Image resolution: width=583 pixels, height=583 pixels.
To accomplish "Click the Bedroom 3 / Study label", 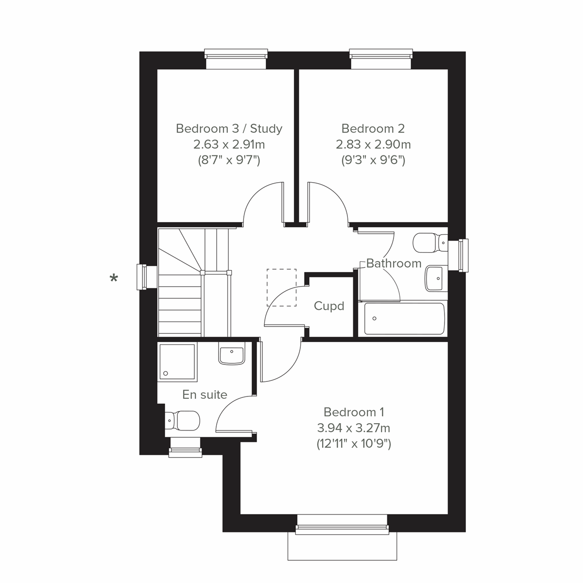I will pos(229,129).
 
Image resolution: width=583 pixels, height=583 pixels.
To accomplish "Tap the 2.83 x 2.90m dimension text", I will pos(373,144).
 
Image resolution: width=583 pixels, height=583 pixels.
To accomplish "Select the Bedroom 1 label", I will pos(354,412).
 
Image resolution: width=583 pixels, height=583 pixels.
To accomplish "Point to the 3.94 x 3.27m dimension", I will pos(354,428).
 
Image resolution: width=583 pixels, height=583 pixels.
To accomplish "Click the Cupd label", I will pos(329,306).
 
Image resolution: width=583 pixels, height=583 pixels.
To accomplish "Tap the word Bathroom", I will pos(394,263).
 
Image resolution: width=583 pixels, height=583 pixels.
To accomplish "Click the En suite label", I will pos(205,394).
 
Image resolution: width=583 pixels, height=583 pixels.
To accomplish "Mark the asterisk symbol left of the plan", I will pos(114,278).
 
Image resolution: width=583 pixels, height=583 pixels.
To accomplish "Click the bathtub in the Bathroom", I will pos(404,319).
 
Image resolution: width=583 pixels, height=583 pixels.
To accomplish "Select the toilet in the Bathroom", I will pos(429,242).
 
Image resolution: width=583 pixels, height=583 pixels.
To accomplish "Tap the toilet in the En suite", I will pos(183,420).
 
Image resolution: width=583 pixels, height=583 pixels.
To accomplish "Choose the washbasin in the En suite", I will pos(232,355).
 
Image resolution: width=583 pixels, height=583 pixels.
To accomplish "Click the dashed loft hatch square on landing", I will pos(281,288).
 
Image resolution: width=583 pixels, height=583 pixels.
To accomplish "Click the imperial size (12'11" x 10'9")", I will pos(354,444).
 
